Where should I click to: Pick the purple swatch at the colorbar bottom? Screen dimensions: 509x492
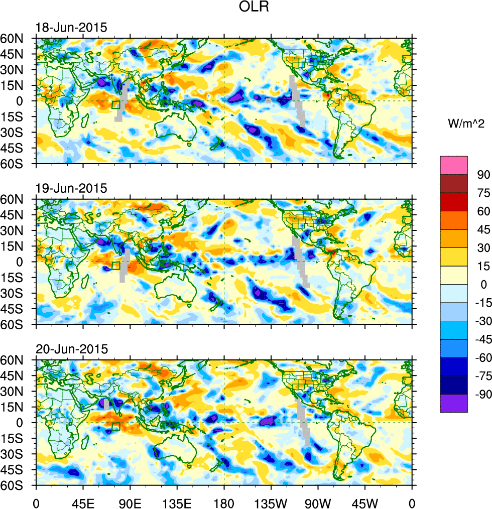tap(453, 403)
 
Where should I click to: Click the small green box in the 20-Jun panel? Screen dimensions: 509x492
tap(115, 427)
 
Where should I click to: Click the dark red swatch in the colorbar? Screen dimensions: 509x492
tap(453, 184)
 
